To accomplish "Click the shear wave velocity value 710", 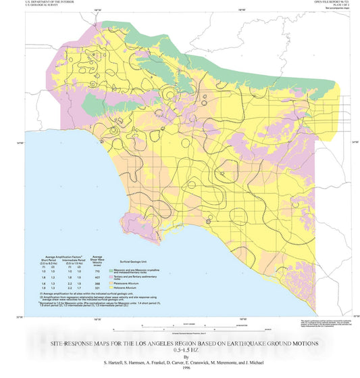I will pos(98,271).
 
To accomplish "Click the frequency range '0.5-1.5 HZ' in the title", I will pos(180,351).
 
